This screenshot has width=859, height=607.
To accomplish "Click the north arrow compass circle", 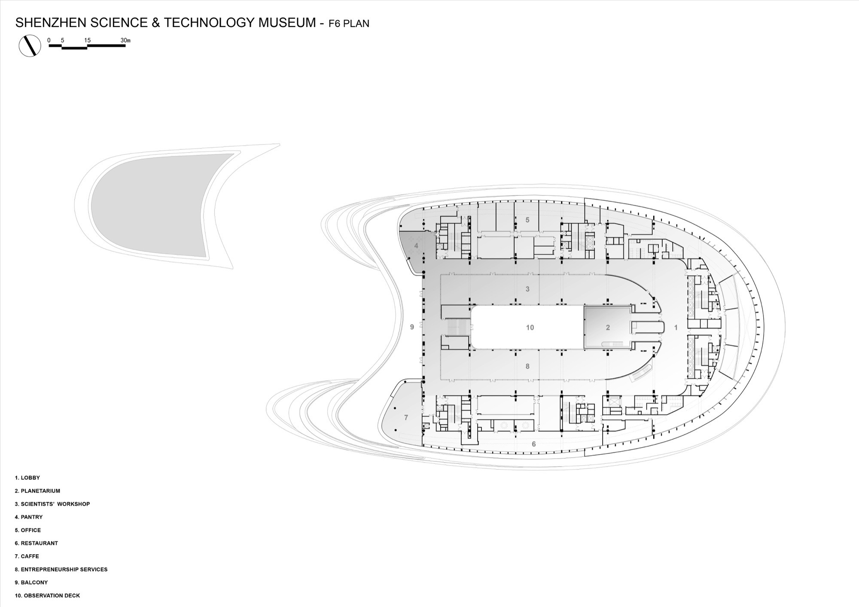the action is (x=30, y=46).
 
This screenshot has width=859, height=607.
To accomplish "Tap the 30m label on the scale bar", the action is (x=125, y=40).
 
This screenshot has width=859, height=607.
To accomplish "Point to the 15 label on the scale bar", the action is (x=87, y=40).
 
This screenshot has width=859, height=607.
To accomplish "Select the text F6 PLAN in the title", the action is (x=349, y=24).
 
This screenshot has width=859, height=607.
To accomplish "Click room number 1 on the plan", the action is (x=676, y=328).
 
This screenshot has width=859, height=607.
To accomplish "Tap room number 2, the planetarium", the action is (x=608, y=328).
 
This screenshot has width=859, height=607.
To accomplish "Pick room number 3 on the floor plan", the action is (x=528, y=289).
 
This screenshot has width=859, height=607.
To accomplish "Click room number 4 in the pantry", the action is (x=416, y=246).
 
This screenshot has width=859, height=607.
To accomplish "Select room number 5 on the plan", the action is (x=527, y=220).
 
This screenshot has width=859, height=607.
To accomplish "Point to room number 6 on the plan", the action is (x=534, y=444).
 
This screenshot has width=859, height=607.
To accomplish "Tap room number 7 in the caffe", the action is (x=406, y=417).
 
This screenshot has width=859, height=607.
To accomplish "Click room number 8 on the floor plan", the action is (x=527, y=366).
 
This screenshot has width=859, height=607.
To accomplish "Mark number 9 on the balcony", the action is (x=412, y=327).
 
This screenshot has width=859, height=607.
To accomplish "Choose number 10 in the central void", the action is (x=530, y=328).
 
